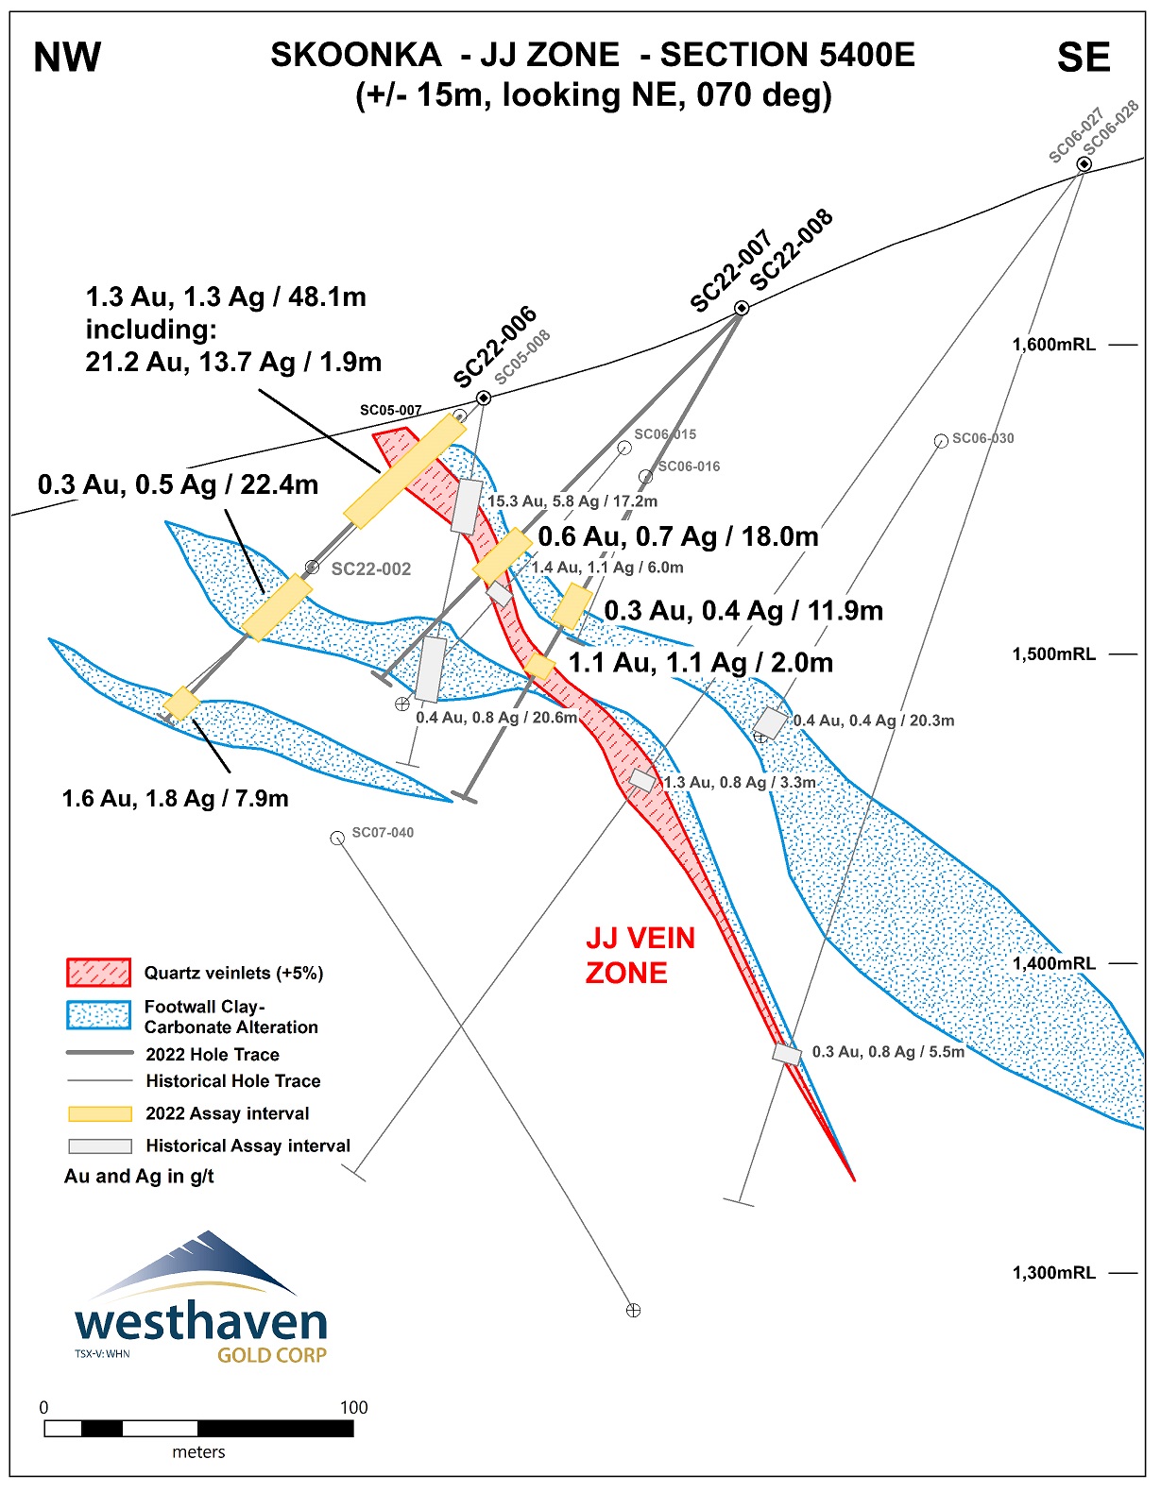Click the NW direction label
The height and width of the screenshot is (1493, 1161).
point(67,59)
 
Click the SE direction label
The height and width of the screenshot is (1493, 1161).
point(1083,59)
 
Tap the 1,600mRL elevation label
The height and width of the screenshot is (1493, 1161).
point(1053,345)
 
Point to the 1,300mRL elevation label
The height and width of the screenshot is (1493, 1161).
point(1053,1273)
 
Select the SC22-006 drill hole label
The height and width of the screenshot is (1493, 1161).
point(495,347)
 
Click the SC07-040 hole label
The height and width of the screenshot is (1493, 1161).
point(383,832)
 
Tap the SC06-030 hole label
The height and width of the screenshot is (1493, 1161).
point(982,438)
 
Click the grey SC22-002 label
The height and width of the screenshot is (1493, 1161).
point(371,568)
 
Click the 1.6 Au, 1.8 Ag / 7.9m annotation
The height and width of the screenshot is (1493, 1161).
point(175,799)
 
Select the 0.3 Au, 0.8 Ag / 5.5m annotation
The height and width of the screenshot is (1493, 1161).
point(888,1052)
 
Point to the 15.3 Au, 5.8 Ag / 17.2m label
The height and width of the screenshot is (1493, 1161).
point(572,501)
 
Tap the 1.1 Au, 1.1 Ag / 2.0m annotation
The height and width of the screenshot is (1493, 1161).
point(700,663)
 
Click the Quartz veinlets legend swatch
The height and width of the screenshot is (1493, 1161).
point(98,973)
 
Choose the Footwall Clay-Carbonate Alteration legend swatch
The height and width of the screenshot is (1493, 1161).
point(98,1015)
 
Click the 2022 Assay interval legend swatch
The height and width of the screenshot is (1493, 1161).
point(99,1114)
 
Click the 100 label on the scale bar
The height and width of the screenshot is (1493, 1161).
point(353,1407)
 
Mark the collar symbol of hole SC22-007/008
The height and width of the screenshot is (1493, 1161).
point(742,308)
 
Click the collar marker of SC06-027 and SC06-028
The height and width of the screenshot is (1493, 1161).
point(1084,164)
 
